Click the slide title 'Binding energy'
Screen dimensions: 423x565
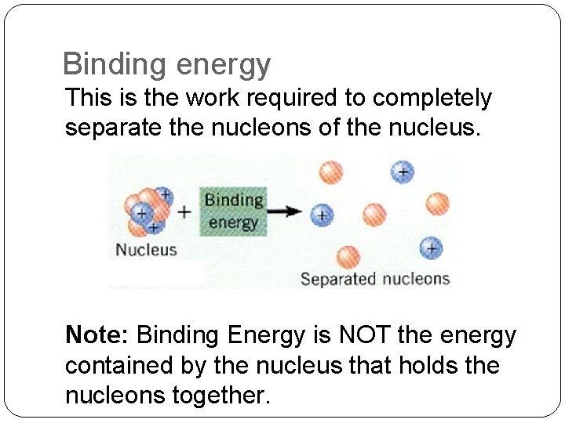(x=166, y=64)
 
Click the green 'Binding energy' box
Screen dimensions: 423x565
(x=233, y=211)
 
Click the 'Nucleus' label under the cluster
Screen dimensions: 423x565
(x=147, y=250)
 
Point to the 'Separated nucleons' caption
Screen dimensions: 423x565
(x=374, y=279)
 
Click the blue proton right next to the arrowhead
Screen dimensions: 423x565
(x=320, y=214)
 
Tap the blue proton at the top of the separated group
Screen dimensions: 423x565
(x=402, y=172)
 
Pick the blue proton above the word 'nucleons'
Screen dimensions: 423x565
(x=430, y=248)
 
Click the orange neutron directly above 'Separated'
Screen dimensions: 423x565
(x=348, y=256)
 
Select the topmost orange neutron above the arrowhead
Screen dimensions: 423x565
(x=331, y=172)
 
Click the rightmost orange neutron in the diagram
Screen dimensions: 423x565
(x=437, y=204)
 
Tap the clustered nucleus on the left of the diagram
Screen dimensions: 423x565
(x=146, y=210)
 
